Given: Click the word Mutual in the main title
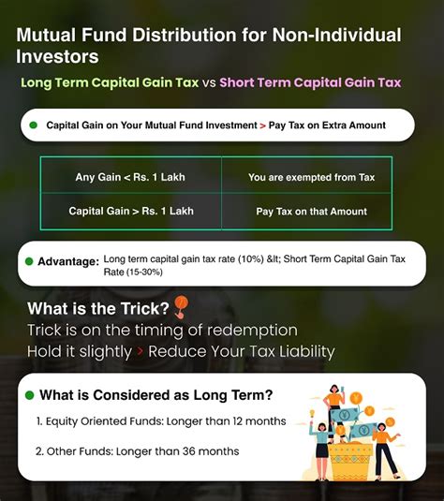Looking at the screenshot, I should point(52,37).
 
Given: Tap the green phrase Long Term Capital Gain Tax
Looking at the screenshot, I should point(110,82).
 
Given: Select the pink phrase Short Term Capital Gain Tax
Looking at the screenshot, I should point(310,82).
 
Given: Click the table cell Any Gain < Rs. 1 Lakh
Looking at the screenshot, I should point(131,177).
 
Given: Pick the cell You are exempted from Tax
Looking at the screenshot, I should point(311,177).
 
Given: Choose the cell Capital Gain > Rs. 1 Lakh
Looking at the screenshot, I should point(131,211).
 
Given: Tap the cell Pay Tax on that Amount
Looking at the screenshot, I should point(311,212).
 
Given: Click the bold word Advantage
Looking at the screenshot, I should point(68,261).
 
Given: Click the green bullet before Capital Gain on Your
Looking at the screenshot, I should point(33,125).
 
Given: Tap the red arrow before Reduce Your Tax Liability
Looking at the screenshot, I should point(141,352).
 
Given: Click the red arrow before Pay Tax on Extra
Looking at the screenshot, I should point(262,125).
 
